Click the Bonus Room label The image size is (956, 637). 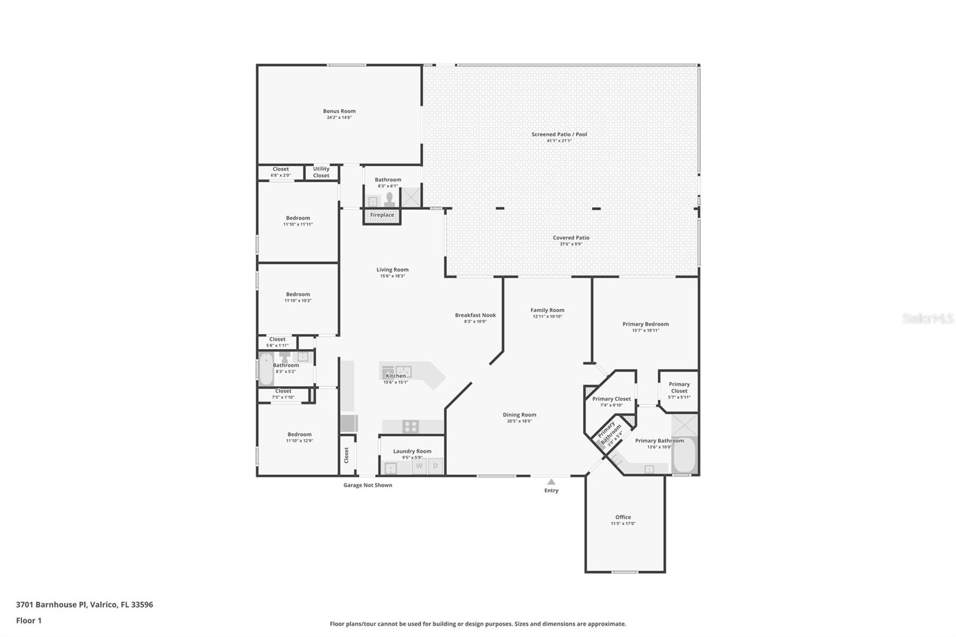339,111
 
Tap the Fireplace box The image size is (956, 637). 382,215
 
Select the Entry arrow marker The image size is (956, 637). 551,482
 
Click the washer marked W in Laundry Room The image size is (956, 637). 419,466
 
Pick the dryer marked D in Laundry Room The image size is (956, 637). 436,466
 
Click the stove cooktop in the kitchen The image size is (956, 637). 410,427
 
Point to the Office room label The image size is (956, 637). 623,517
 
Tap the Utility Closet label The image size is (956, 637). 321,172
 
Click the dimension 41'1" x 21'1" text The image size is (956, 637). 559,141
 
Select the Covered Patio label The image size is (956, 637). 571,238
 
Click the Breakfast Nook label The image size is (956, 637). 475,315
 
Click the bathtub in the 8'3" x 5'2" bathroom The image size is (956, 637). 265,369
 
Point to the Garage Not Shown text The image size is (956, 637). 367,485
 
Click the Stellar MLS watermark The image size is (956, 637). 927,318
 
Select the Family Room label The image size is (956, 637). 547,310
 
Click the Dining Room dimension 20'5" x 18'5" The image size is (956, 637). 519,421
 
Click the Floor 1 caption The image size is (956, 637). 29,620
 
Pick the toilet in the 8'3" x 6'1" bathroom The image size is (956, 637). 390,198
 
